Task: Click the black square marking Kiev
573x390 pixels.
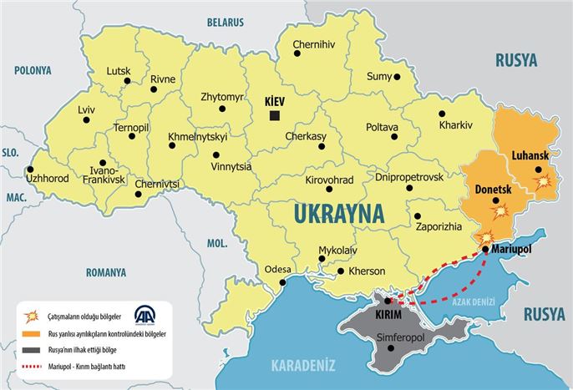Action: point(274,115)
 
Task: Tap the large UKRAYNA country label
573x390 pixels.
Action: point(338,214)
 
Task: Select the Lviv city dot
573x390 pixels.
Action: point(84,122)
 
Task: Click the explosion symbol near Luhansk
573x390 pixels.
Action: point(544,181)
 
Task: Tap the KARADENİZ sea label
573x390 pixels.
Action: point(303,364)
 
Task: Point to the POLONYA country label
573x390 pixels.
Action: point(27,70)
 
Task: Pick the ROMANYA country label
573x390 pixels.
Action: point(105,272)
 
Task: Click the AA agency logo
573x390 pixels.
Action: point(145,317)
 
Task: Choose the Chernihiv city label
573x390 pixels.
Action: point(313,43)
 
